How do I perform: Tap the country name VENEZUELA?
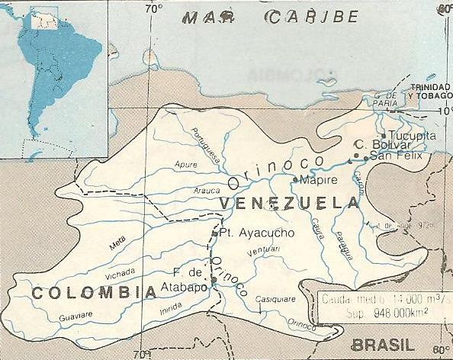pos(288,203)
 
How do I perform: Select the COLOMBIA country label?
pos(85,292)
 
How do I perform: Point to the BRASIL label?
pos(383,344)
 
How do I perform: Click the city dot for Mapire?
pos(295,180)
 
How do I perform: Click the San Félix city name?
pos(395,156)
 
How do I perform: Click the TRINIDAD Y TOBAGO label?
pos(429,92)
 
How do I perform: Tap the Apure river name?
pos(185,164)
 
